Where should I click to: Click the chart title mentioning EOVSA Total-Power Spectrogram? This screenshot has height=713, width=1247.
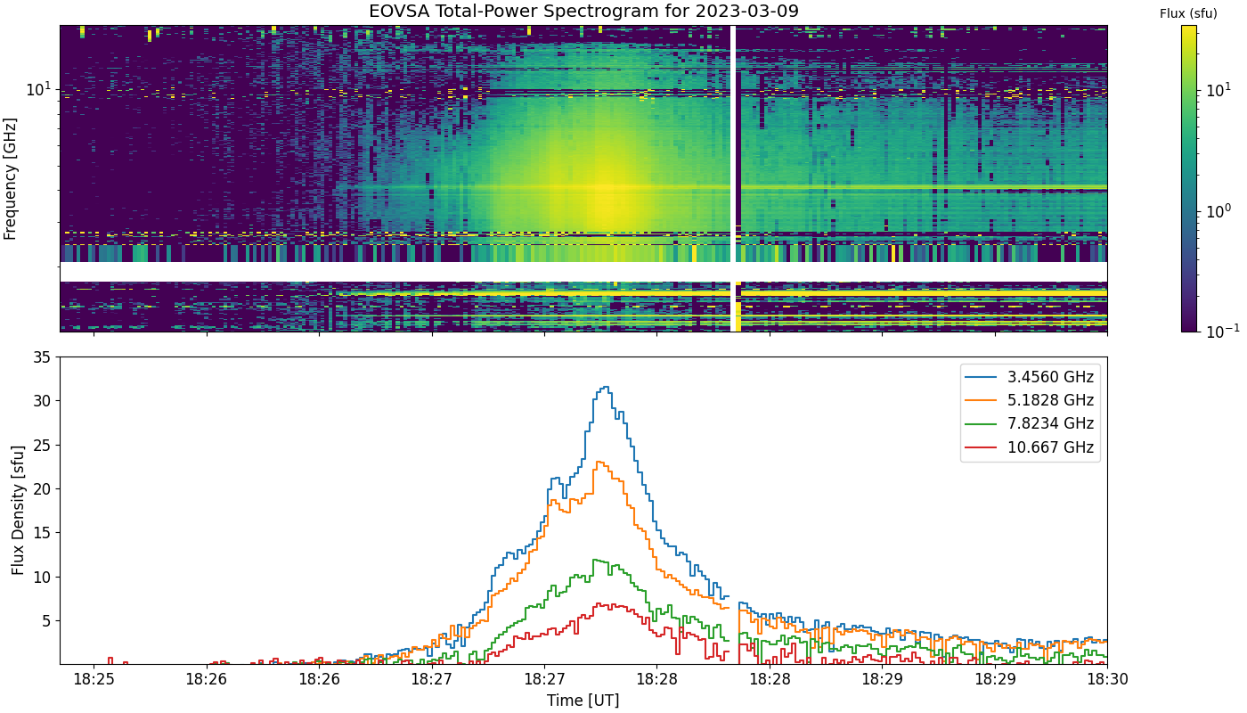click(583, 11)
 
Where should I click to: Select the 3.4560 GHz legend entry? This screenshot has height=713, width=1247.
click(1030, 377)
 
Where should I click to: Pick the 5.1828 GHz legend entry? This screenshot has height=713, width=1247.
click(1030, 400)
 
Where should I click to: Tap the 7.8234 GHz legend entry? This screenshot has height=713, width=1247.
click(1030, 424)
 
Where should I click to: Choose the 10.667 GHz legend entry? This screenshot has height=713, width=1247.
click(1030, 447)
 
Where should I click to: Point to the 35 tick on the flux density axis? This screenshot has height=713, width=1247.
click(42, 357)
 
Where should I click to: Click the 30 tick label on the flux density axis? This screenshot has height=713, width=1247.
click(42, 401)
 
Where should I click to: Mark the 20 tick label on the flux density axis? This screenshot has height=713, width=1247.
click(42, 489)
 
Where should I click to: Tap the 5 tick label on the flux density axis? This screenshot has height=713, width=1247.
click(46, 621)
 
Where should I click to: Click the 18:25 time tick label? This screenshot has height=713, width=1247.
click(94, 679)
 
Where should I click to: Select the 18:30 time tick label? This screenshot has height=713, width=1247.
click(1108, 679)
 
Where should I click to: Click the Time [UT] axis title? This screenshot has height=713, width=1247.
click(583, 701)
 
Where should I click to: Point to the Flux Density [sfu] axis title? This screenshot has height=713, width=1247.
click(18, 510)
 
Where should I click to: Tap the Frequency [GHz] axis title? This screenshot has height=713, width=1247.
click(10, 179)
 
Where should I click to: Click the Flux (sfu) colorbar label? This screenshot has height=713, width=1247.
click(1188, 14)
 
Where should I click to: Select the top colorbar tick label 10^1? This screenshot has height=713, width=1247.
click(1218, 90)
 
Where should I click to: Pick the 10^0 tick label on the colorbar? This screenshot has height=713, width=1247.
click(1218, 211)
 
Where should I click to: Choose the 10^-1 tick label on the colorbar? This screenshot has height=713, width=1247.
click(1222, 332)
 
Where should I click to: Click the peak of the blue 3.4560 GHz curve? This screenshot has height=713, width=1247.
click(607, 387)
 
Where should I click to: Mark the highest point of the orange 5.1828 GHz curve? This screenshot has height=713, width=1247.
click(599, 462)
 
